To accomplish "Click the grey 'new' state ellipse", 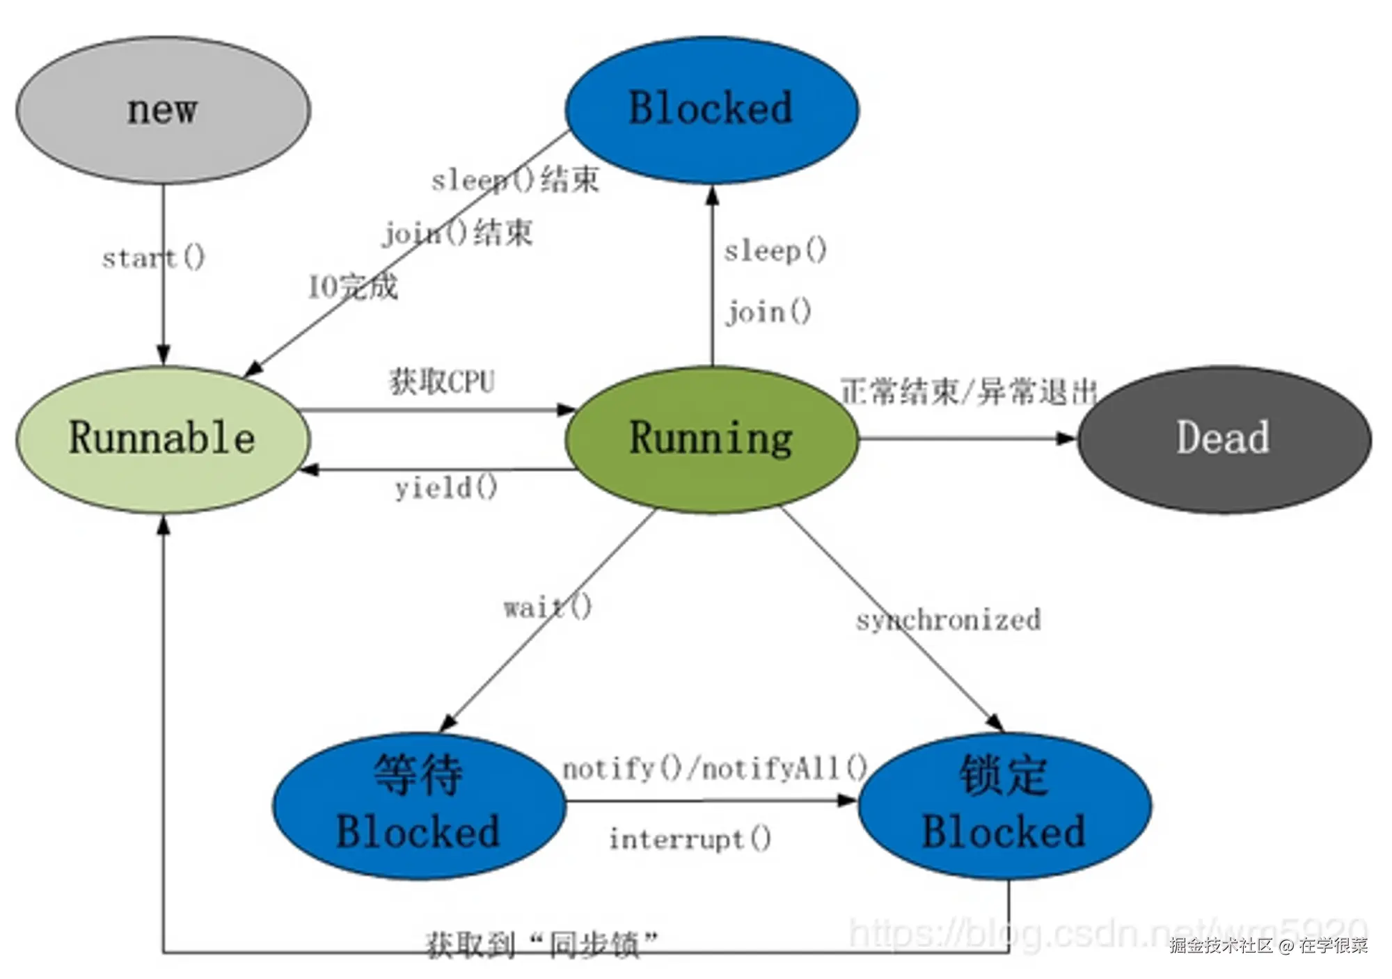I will tap(163, 110).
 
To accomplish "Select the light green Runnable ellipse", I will tap(163, 439).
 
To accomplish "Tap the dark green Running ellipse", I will tap(711, 439).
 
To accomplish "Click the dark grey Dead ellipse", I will tap(1224, 439).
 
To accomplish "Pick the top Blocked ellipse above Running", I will tap(711, 109).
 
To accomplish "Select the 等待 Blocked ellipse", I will tap(418, 806).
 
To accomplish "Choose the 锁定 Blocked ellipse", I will tap(1004, 806).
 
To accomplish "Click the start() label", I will tap(153, 258).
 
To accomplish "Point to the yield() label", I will tap(446, 488).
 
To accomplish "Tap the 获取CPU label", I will tap(441, 381).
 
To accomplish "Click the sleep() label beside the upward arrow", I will tap(775, 250).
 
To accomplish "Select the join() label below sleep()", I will tap(768, 312).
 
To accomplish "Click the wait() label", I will tap(548, 607).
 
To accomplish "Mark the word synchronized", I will tap(948, 619).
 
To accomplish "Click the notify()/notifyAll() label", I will tap(715, 769).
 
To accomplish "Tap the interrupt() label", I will tap(690, 839).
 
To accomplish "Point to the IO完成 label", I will tap(353, 286).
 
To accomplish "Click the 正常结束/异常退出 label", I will tap(968, 392).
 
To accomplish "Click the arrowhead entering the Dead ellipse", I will tap(1067, 438).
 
